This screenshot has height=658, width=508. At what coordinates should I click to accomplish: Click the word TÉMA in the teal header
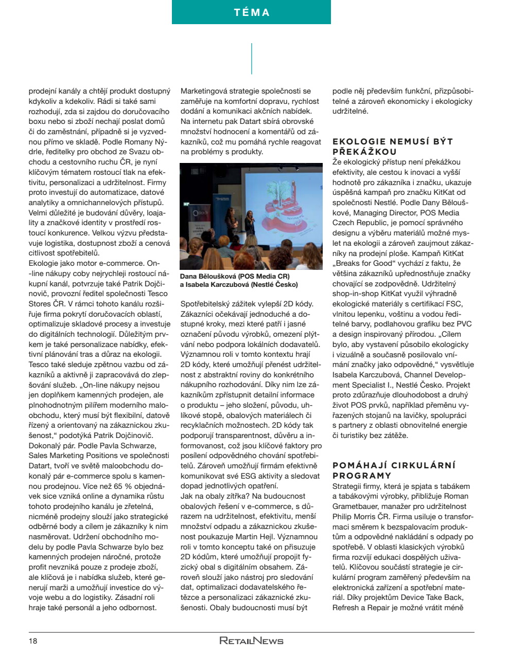coord(252,12)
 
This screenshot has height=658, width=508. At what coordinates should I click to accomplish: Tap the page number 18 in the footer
coord(33,641)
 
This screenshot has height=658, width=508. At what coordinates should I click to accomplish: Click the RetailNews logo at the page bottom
coord(251,641)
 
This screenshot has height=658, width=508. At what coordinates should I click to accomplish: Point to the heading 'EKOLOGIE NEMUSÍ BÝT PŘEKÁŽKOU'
coord(392,147)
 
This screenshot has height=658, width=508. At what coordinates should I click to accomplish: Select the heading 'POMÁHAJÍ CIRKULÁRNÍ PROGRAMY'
coord(394,470)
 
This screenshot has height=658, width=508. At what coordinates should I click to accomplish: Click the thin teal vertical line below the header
coord(252,58)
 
